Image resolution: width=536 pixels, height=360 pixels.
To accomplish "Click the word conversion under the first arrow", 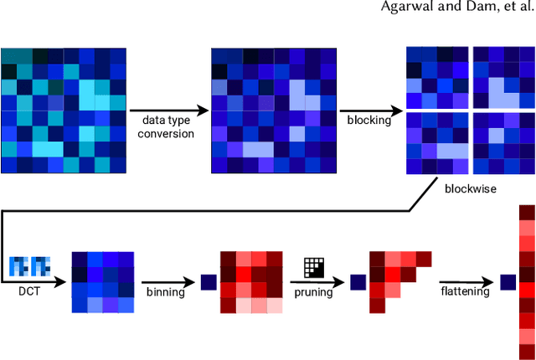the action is pyautogui.click(x=167, y=133).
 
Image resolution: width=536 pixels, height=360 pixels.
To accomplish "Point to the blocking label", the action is pyautogui.click(x=369, y=120).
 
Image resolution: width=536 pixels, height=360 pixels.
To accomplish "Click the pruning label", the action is pyautogui.click(x=312, y=292).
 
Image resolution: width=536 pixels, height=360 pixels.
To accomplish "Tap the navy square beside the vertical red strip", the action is pyautogui.click(x=507, y=282).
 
